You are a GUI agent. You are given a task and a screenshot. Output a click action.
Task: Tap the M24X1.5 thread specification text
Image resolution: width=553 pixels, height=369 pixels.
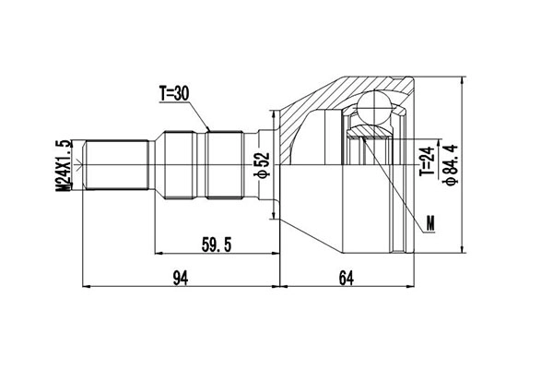[x=64, y=166]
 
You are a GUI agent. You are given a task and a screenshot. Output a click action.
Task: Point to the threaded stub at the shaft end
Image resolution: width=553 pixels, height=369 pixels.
[x=115, y=166]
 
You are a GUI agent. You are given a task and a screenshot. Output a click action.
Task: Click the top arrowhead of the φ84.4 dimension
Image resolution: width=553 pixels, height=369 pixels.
[x=461, y=80]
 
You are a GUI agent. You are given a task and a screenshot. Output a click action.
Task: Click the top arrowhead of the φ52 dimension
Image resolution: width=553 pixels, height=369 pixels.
[x=274, y=114]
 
